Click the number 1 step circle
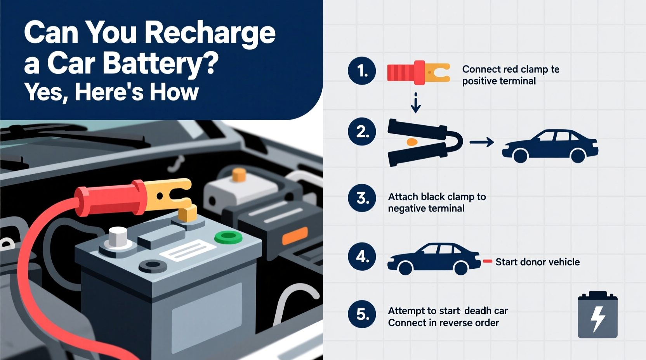(x=362, y=71)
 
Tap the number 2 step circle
(x=362, y=132)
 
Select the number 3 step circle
(x=362, y=198)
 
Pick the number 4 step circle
(x=362, y=256)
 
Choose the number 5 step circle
(x=362, y=314)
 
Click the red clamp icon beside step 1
(x=418, y=73)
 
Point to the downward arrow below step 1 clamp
(x=415, y=103)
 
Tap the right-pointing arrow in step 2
(x=481, y=142)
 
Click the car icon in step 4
(x=434, y=259)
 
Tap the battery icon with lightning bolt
(x=597, y=315)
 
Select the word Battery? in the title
(x=161, y=63)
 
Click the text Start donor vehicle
(x=537, y=262)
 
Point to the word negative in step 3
(x=405, y=209)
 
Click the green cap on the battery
(x=228, y=237)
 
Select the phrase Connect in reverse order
(x=443, y=323)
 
